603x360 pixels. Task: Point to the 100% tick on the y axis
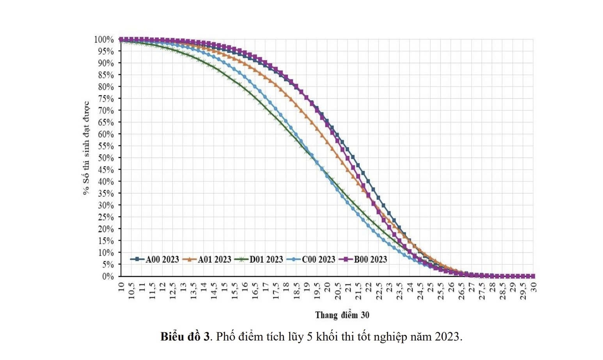click(x=104, y=40)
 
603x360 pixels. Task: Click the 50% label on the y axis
click(x=106, y=158)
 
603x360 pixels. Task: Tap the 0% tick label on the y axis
click(x=108, y=277)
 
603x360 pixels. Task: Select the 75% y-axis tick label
click(x=106, y=99)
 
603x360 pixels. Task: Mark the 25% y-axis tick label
click(x=106, y=217)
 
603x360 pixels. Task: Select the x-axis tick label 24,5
click(x=420, y=291)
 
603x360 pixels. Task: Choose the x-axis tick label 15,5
click(x=234, y=291)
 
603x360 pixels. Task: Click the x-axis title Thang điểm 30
click(x=342, y=315)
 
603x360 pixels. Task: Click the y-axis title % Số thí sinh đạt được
click(x=86, y=148)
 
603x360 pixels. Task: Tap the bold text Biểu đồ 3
click(x=185, y=337)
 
